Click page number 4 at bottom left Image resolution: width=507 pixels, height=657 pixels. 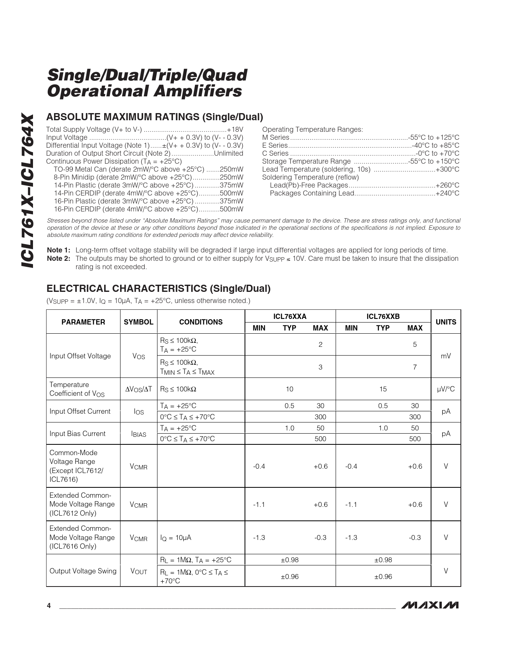point(49,606)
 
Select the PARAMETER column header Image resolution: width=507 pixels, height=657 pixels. point(83,322)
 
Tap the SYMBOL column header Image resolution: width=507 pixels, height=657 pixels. point(138,322)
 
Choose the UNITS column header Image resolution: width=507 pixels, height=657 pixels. point(446,322)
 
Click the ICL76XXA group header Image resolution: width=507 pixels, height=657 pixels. point(290,317)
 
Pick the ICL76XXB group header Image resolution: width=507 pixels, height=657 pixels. point(383,317)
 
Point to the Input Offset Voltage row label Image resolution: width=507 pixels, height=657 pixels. point(80,356)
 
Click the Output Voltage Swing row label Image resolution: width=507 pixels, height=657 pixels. point(83,571)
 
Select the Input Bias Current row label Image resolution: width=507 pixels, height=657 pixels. point(77,434)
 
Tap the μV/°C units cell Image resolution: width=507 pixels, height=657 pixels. point(446,389)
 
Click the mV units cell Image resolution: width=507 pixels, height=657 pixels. point(446,356)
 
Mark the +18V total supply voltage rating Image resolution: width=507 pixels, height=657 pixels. point(235,129)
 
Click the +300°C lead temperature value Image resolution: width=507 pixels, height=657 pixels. point(447,169)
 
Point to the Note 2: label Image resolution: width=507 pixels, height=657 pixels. point(58,258)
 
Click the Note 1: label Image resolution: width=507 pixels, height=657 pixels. point(58,250)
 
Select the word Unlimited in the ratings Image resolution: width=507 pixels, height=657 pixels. point(228,153)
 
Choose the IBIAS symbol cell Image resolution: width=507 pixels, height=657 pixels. point(138,434)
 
